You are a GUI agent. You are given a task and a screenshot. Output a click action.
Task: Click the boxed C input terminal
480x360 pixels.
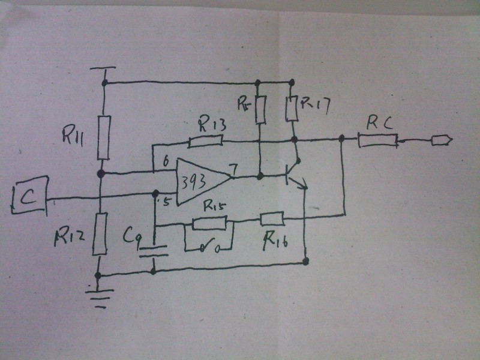tap(29, 196)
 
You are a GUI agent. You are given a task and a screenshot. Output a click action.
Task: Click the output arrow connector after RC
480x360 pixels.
tap(442, 142)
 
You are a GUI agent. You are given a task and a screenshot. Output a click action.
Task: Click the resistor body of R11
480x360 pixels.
tap(104, 138)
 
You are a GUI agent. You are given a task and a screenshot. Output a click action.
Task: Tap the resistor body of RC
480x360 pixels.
tap(378, 141)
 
